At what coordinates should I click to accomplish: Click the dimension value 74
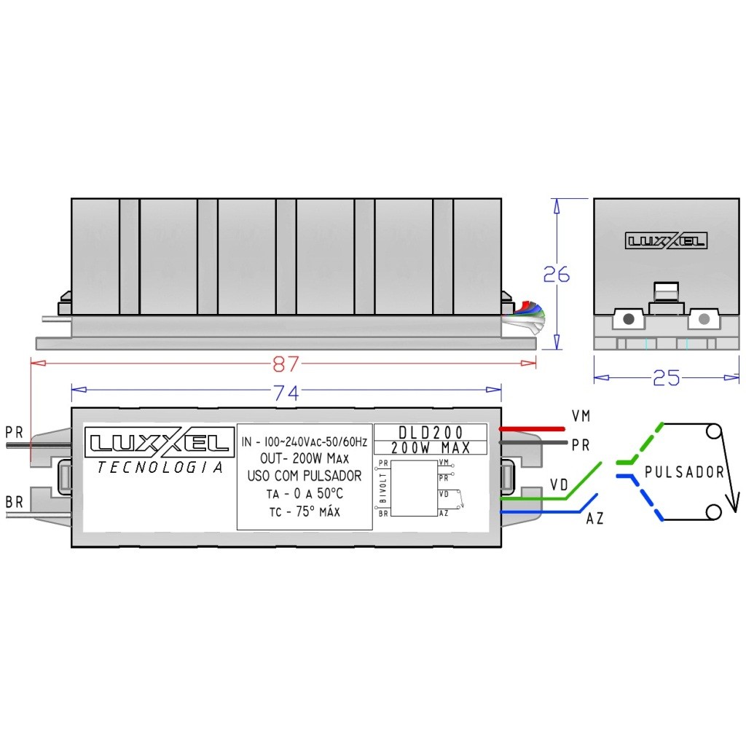tap(286, 393)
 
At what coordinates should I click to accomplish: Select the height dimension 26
tap(556, 275)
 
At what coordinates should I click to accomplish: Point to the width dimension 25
tap(666, 378)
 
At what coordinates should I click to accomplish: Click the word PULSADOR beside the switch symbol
tap(684, 472)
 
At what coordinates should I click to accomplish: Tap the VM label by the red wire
tap(581, 416)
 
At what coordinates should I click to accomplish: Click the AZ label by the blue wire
tap(594, 519)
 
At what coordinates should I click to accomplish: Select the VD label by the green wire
tap(559, 484)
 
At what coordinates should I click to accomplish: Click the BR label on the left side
tap(14, 502)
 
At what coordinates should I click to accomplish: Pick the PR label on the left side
tap(14, 432)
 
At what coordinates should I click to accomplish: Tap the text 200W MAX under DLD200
tap(431, 447)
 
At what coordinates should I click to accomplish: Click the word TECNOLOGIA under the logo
tap(160, 468)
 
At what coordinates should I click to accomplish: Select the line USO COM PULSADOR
tap(305, 476)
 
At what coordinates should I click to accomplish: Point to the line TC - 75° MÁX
tap(305, 511)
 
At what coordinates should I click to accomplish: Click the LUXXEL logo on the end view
tap(666, 240)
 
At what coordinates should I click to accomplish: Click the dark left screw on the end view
tap(629, 318)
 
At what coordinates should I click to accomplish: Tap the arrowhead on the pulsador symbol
tap(732, 503)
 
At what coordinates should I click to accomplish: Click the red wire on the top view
tap(532, 428)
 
